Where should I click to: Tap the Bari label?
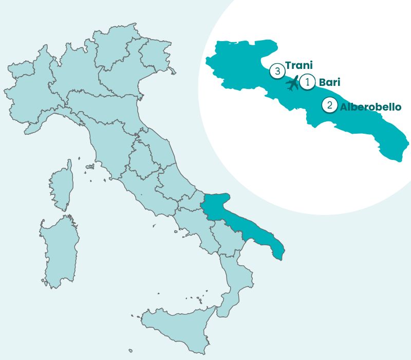(329, 82)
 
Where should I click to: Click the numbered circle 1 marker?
(307, 81)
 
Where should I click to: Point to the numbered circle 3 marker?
(277, 71)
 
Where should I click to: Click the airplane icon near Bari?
(292, 83)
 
